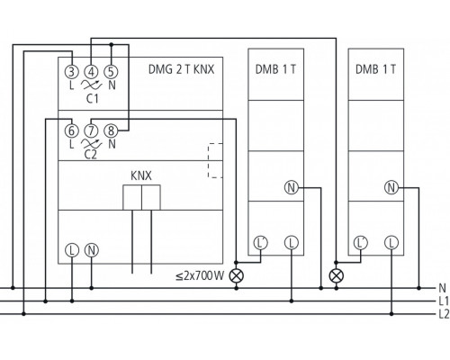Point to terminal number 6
tap(71, 130)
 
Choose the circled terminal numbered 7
tap(90, 130)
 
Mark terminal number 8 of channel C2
tap(110, 130)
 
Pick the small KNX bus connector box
tap(140, 197)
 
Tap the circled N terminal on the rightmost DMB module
tap(390, 187)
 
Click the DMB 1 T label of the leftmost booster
tap(275, 69)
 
